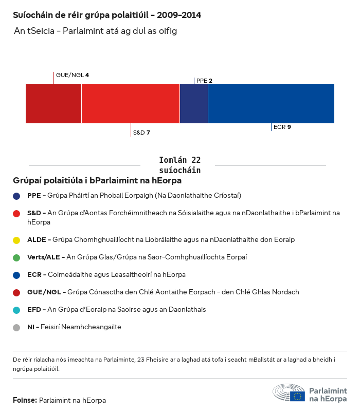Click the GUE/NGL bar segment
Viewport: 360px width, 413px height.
pos(53,104)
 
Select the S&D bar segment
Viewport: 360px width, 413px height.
pos(131,104)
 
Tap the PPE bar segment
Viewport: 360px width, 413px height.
pos(194,104)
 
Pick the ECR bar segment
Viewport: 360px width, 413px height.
pos(271,104)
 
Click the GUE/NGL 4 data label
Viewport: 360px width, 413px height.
pos(73,76)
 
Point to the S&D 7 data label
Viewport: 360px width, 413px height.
pos(141,133)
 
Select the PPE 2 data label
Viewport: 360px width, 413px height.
pos(204,81)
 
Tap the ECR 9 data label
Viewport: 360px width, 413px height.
pos(282,127)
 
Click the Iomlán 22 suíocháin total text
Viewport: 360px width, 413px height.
pos(180,165)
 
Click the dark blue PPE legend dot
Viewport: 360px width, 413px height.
pos(17,196)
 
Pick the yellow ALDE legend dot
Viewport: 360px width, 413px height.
pos(17,240)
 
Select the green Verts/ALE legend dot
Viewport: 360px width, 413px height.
pos(17,257)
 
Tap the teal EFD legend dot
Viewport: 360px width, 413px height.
pos(17,310)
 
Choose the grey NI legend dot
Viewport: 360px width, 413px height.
pos(17,327)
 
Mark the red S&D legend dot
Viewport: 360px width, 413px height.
pos(17,213)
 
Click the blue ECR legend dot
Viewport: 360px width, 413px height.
pos(17,275)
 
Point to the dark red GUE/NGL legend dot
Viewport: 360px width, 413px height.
pos(17,292)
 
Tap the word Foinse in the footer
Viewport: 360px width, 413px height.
pos(24,400)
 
